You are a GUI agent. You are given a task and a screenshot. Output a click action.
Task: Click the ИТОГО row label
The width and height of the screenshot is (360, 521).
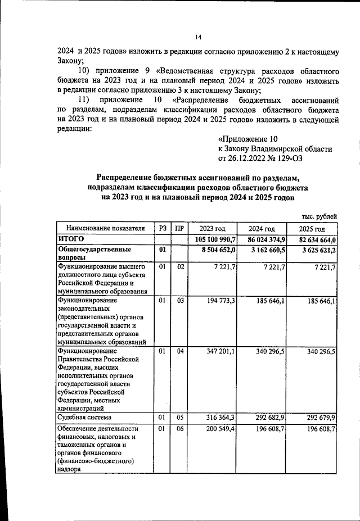(x=71, y=239)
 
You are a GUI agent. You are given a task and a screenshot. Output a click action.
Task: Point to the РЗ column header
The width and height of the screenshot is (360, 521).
(x=163, y=229)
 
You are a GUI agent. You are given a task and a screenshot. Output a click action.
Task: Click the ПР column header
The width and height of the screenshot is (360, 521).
(x=179, y=229)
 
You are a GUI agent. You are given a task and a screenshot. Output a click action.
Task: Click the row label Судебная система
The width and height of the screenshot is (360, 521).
(x=84, y=418)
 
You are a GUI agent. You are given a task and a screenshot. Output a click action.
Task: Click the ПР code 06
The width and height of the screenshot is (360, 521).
(x=179, y=429)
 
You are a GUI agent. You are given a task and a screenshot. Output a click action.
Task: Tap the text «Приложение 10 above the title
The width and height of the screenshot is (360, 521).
(x=247, y=139)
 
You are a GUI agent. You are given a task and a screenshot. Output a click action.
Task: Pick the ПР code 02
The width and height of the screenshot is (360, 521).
(x=179, y=266)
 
